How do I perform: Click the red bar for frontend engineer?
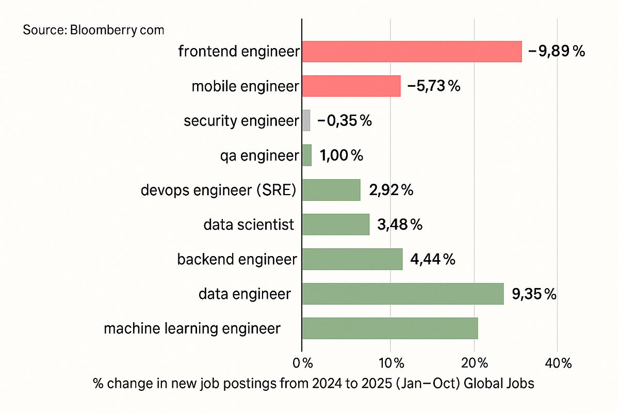[x=412, y=52]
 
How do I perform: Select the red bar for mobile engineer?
[x=351, y=86]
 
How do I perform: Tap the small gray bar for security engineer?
[x=306, y=120]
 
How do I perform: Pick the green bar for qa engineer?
[x=307, y=155]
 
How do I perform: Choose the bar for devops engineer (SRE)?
[x=331, y=189]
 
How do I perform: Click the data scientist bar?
[x=336, y=224]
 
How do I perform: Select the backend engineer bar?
[x=352, y=259]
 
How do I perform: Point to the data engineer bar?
[x=402, y=293]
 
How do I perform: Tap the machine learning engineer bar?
[x=389, y=328]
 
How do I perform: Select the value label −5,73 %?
[x=433, y=86]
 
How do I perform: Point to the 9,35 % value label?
[x=534, y=294]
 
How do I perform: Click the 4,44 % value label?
[x=432, y=259]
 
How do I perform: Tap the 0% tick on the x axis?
[x=303, y=363]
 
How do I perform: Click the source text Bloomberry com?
[x=93, y=30]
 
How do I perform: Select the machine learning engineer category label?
[x=192, y=328]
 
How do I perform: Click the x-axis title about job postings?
[x=313, y=384]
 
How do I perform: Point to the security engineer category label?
[x=241, y=121]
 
